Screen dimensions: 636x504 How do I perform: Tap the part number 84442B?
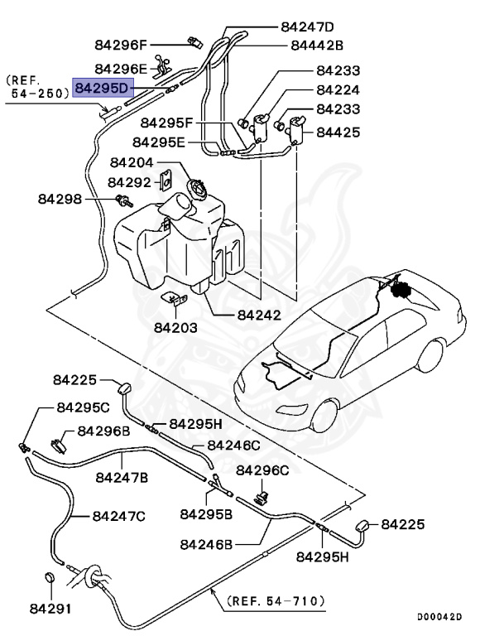[x=317, y=45]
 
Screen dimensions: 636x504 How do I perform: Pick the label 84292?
[x=130, y=181]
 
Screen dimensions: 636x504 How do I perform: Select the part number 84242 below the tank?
[x=258, y=315]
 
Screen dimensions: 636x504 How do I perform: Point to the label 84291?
[x=50, y=609]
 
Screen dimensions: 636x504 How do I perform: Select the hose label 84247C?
[x=119, y=515]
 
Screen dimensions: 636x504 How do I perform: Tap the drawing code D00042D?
[x=439, y=617]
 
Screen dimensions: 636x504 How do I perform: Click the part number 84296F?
[x=121, y=45]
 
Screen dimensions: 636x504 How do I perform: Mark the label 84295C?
[x=83, y=407]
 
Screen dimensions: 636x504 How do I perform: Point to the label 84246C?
[x=233, y=445]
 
